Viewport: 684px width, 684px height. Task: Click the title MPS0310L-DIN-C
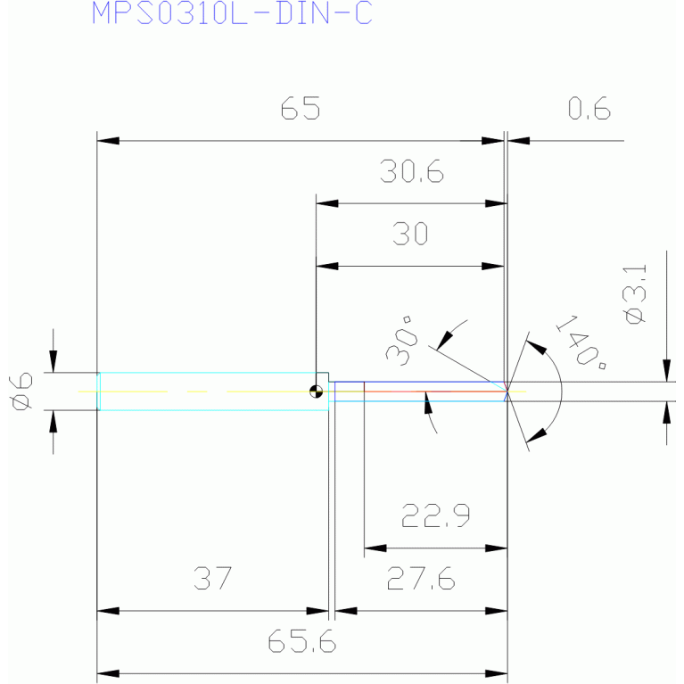tap(232, 13)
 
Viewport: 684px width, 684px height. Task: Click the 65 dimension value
tap(301, 108)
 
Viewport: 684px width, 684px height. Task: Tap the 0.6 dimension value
tap(589, 108)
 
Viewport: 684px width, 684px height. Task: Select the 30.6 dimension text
tap(412, 171)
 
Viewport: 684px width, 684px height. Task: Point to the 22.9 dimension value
tap(435, 515)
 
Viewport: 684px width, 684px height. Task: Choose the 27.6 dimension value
tap(421, 579)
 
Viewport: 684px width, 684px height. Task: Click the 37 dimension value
tap(213, 579)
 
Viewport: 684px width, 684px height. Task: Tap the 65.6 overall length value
tap(301, 641)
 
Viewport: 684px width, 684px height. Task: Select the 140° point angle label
tap(581, 342)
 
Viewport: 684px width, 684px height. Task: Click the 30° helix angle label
tap(402, 341)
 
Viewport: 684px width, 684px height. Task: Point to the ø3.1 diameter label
tap(635, 294)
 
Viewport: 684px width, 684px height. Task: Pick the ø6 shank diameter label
tap(21, 391)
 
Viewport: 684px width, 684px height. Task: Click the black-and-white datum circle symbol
tap(316, 391)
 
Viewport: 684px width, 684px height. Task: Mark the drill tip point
tap(507, 391)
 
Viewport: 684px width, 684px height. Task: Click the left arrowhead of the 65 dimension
tap(108, 141)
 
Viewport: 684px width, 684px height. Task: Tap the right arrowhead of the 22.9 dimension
tap(496, 548)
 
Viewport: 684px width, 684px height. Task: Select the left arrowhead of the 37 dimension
tap(108, 611)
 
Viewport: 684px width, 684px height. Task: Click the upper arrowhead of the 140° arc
tap(536, 347)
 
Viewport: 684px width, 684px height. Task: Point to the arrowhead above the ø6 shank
tap(54, 362)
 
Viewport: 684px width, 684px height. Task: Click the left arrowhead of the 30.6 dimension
tap(327, 203)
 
